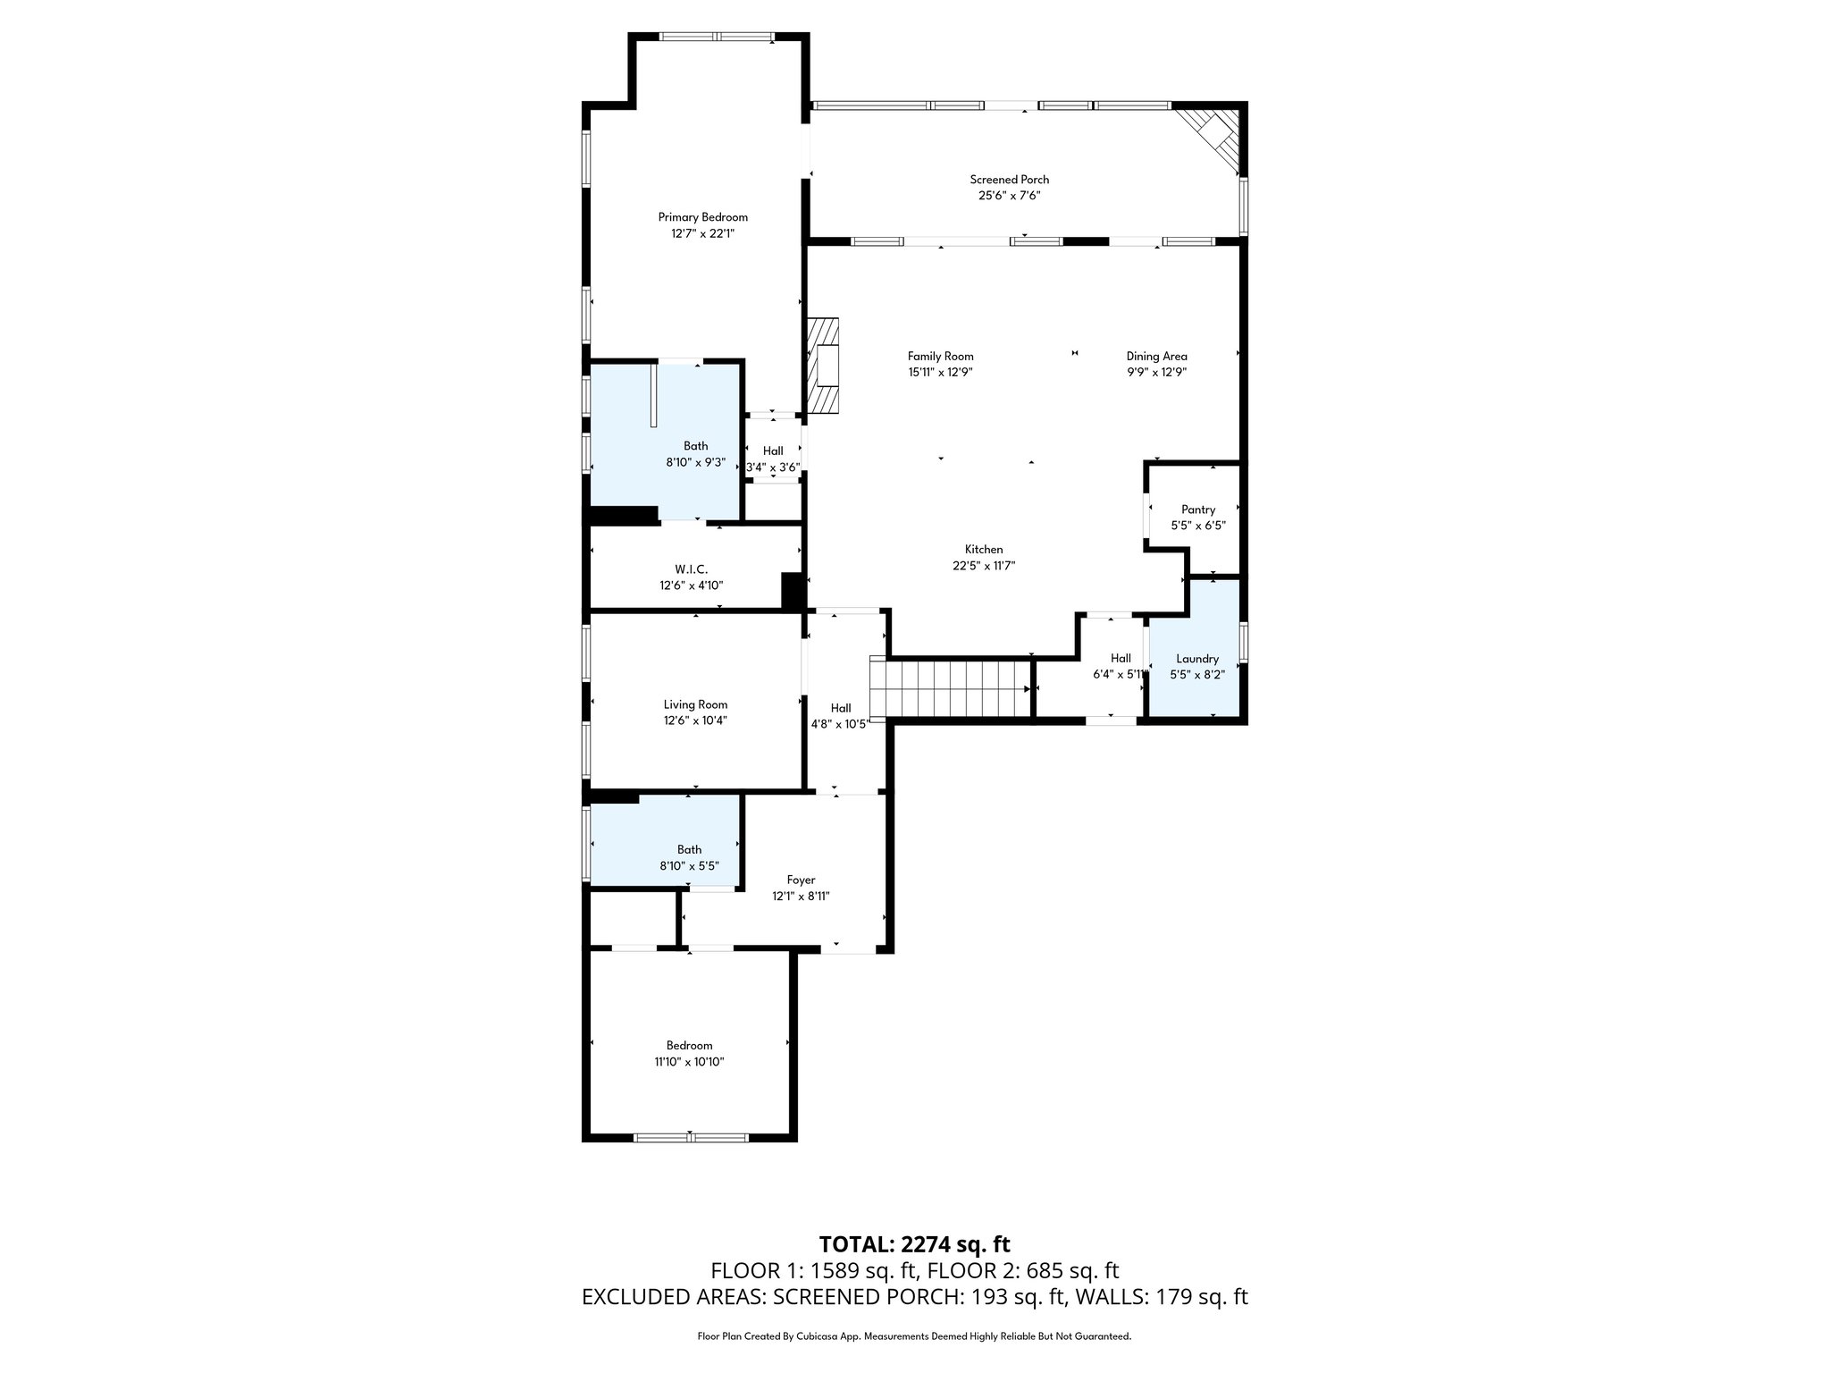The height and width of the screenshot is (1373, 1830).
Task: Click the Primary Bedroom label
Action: [702, 217]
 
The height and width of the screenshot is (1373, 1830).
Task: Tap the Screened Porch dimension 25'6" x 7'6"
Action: [1010, 195]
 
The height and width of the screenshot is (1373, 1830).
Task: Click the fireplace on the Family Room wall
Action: [825, 365]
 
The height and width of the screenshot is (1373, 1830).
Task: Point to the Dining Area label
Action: [1156, 356]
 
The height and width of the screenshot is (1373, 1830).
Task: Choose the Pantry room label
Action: [1197, 510]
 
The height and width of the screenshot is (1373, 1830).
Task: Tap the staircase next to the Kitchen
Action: [953, 688]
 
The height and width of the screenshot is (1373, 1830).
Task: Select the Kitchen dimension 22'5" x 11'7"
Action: [984, 566]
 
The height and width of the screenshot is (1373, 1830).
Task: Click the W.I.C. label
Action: [691, 569]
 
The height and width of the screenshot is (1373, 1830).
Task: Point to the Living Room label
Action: [695, 704]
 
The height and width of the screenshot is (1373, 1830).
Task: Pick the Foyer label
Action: [801, 880]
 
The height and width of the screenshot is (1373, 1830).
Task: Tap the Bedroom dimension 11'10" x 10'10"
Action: [689, 1062]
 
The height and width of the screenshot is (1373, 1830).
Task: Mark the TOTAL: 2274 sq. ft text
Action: [914, 1244]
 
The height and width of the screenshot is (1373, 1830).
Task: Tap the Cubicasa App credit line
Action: [914, 1336]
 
